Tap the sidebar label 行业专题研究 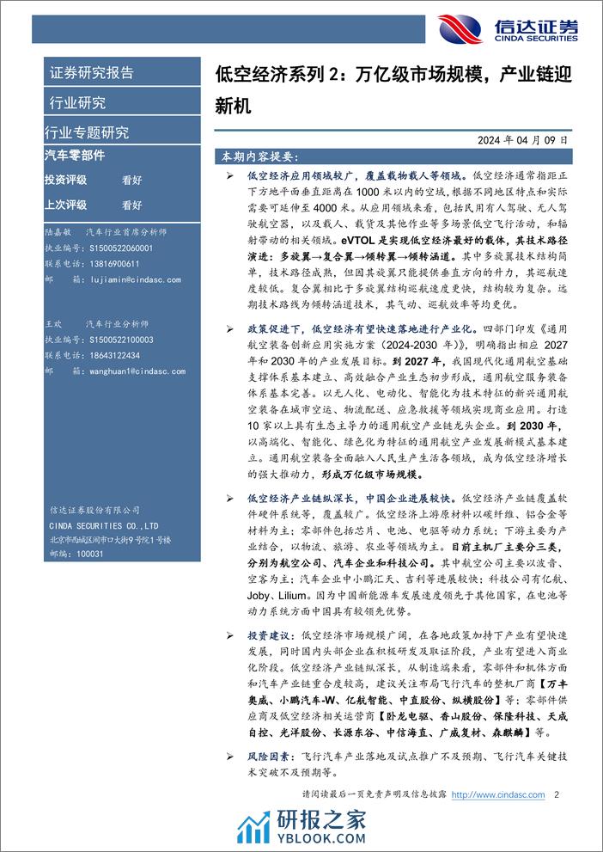[86, 132]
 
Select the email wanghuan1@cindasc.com [129, 371]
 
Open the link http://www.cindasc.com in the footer [499, 794]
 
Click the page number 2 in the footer [557, 794]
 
